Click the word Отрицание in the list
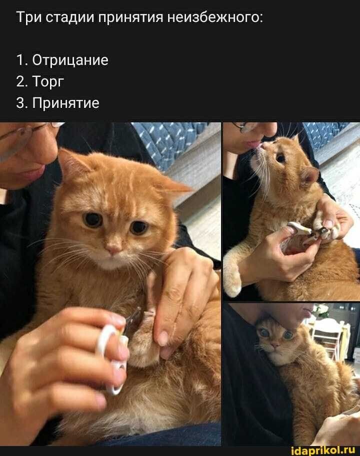(x=70, y=60)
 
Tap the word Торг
(x=48, y=82)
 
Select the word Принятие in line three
(x=66, y=103)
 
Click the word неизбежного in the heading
(x=215, y=18)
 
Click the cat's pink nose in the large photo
(x=113, y=249)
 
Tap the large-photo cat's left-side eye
(x=92, y=220)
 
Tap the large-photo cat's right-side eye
(x=138, y=227)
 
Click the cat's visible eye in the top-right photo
(x=280, y=158)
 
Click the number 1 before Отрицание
(x=20, y=60)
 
